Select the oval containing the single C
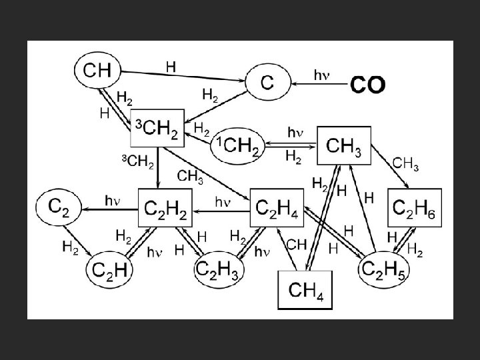(x=267, y=83)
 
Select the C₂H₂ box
(x=165, y=209)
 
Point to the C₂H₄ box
(x=277, y=209)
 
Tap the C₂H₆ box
(x=415, y=208)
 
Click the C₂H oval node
(x=111, y=270)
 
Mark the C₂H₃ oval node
(x=219, y=269)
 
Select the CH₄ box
(x=304, y=289)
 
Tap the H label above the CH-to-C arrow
(x=171, y=66)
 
